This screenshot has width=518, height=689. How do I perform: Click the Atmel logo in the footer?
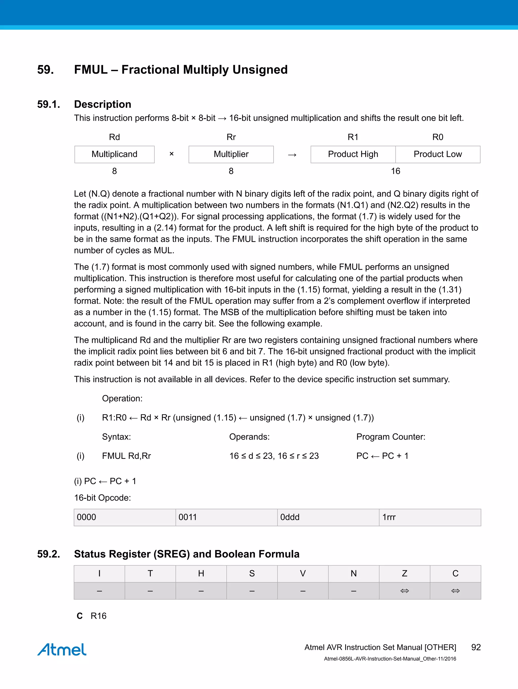pyautogui.click(x=62, y=649)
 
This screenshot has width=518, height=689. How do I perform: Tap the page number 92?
pyautogui.click(x=476, y=647)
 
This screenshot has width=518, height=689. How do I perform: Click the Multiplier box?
pyautogui.click(x=231, y=154)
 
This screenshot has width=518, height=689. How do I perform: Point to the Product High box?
pyautogui.click(x=353, y=154)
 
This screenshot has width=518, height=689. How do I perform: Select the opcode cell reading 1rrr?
pyautogui.click(x=430, y=517)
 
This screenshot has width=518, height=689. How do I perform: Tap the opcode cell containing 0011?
pyautogui.click(x=226, y=517)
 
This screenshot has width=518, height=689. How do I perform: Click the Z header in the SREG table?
pyautogui.click(x=404, y=574)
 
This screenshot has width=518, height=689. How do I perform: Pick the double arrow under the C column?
pyautogui.click(x=455, y=590)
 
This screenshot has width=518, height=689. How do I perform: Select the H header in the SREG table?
pyautogui.click(x=201, y=574)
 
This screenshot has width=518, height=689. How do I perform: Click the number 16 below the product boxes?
pyautogui.click(x=395, y=171)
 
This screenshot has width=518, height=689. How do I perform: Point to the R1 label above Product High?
pyautogui.click(x=353, y=137)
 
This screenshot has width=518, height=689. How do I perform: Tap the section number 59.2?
pyautogui.click(x=49, y=554)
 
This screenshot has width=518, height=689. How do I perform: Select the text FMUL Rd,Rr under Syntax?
pyautogui.click(x=126, y=456)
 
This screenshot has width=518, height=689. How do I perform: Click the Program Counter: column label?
pyautogui.click(x=391, y=437)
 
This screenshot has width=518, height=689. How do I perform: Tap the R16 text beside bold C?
pyautogui.click(x=98, y=616)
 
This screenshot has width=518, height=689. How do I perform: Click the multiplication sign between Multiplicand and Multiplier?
pyautogui.click(x=171, y=154)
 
